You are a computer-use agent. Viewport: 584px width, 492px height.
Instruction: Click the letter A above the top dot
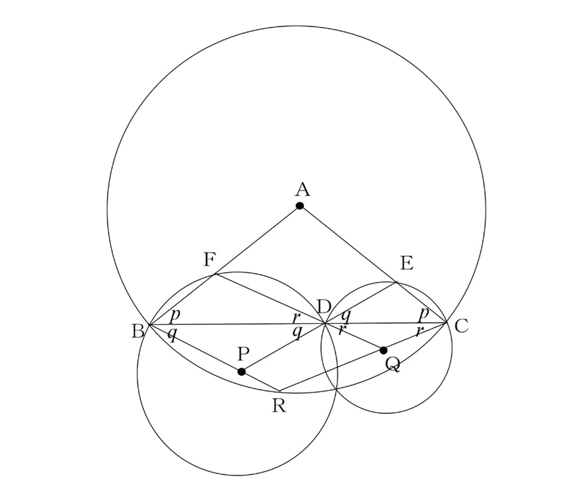pos(303,189)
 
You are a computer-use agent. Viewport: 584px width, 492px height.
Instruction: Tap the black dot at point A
pos(300,206)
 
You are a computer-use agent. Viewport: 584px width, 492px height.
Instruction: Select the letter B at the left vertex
pos(138,332)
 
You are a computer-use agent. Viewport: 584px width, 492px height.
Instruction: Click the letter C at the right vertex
pos(462,326)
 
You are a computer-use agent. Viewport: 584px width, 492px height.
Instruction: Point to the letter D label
pos(324,307)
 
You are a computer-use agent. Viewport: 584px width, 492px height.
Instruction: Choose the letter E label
pos(407,263)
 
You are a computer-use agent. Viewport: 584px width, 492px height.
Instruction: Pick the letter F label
pos(210,259)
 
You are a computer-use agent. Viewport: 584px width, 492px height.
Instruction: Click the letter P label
pos(243,354)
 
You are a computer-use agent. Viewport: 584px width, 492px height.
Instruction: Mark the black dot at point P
pos(242,372)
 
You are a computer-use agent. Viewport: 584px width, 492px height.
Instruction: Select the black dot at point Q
pos(384,350)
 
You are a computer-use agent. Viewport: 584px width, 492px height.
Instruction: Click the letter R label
pos(279,405)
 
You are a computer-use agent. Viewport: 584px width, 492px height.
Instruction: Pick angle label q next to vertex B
pos(172,334)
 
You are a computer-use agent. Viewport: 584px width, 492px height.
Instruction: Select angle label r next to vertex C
pos(420,331)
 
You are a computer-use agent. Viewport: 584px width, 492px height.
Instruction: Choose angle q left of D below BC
pos(297,332)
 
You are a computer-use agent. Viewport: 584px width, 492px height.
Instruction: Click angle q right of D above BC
pos(346,316)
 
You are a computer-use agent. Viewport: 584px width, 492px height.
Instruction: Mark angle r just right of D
pos(341,330)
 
